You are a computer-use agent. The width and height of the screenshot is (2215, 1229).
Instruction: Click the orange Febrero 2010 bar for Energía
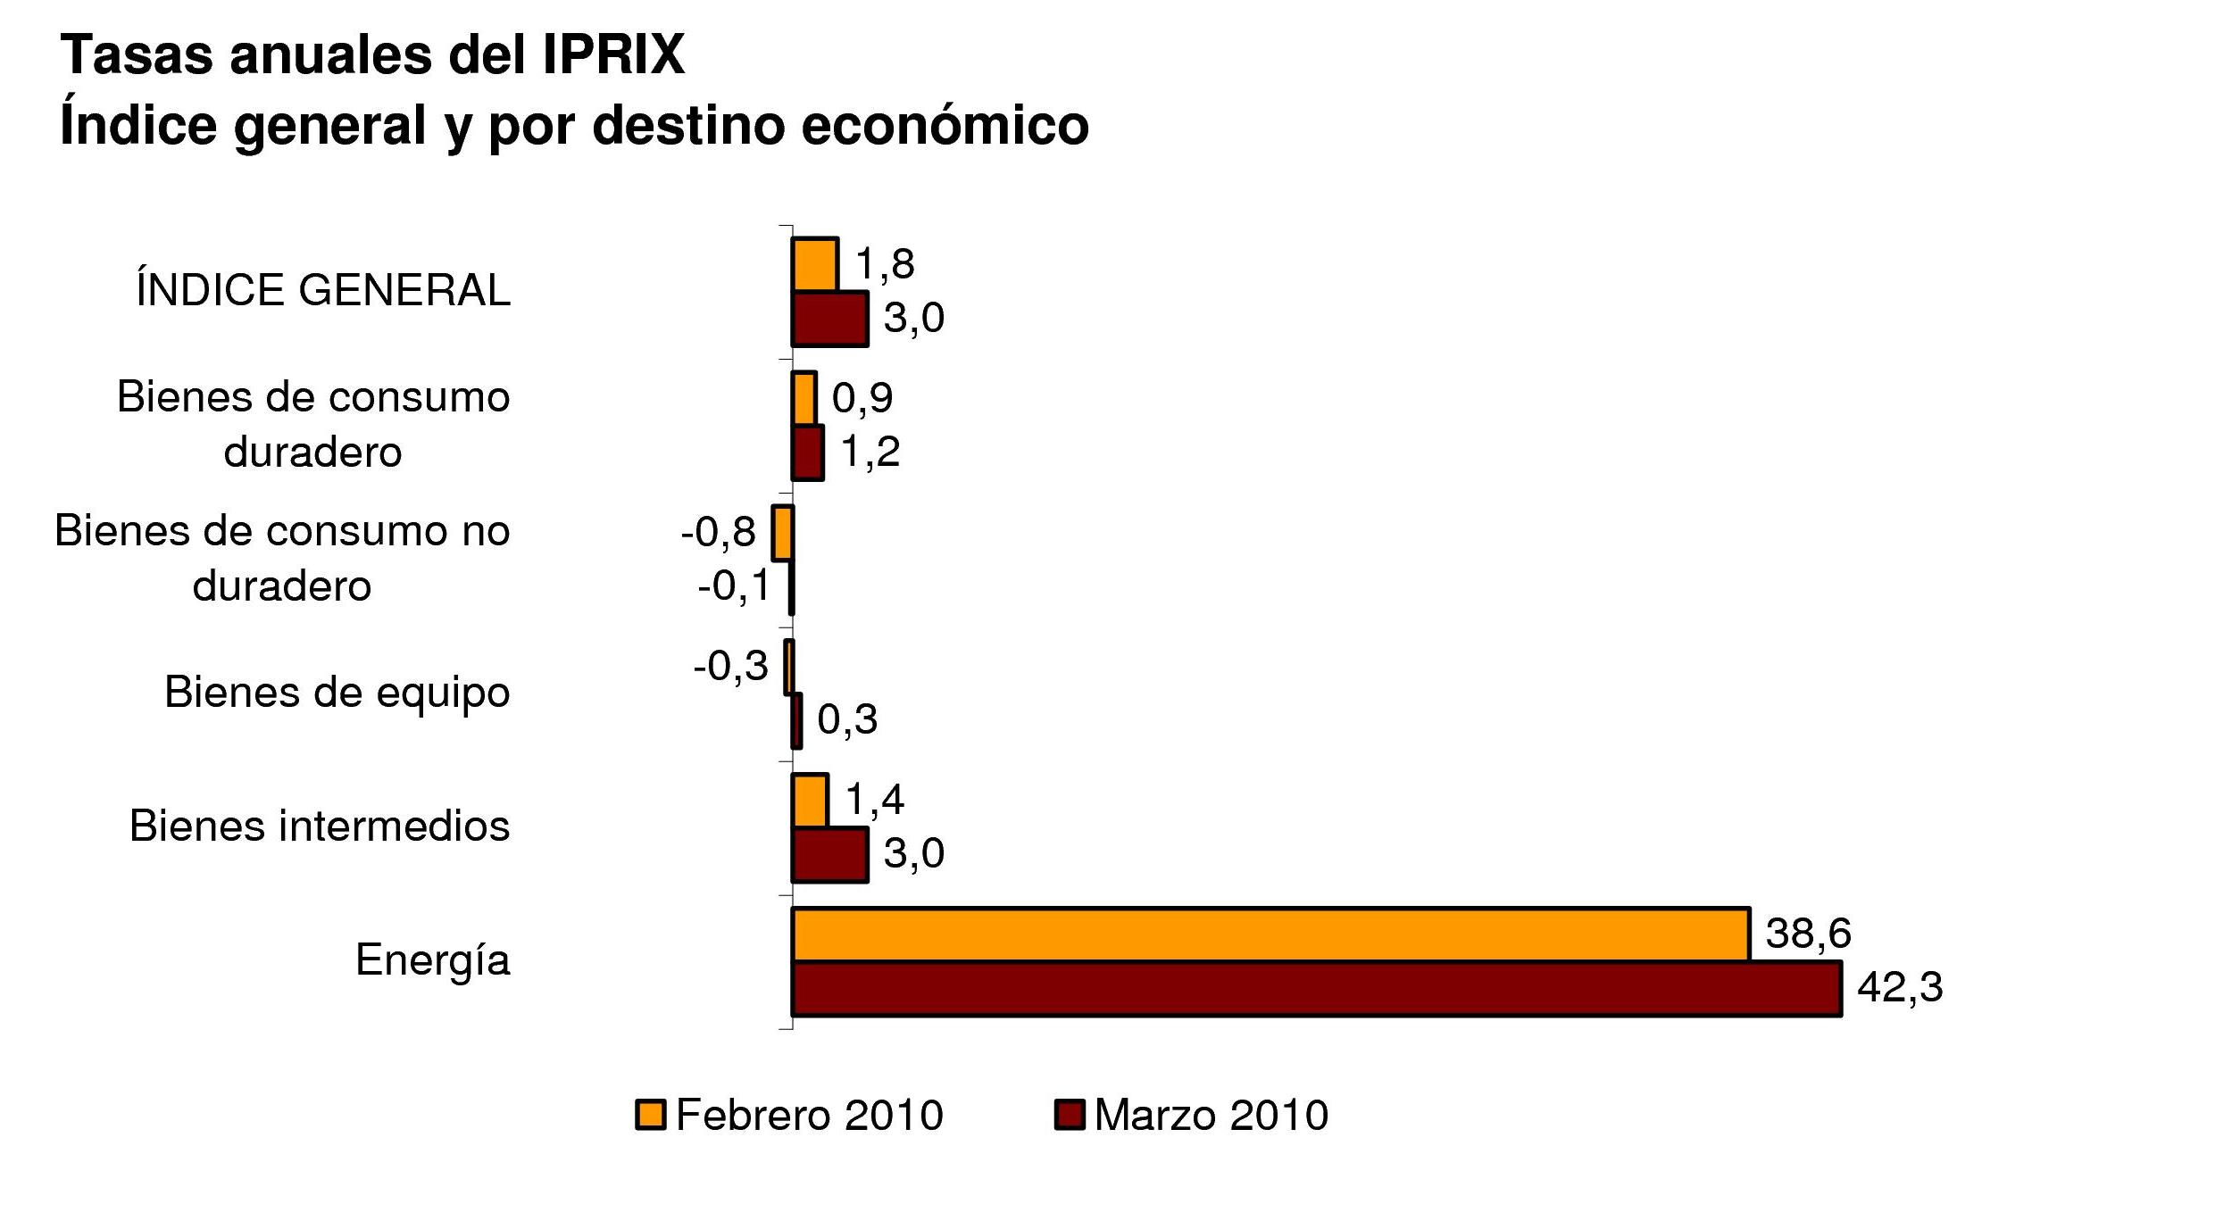pyautogui.click(x=1270, y=934)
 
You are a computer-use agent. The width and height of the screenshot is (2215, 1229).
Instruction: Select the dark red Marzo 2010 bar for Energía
pyautogui.click(x=1316, y=988)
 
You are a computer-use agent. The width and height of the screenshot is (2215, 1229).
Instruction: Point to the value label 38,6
pyautogui.click(x=1808, y=934)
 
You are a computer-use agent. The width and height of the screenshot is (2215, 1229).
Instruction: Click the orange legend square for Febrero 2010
pyautogui.click(x=650, y=1116)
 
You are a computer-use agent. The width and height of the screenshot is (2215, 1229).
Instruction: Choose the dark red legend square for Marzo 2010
pyautogui.click(x=1069, y=1116)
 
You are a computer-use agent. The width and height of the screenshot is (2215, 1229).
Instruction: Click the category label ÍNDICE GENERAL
pyautogui.click(x=323, y=290)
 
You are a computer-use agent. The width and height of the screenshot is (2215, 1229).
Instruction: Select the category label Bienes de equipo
pyautogui.click(x=337, y=692)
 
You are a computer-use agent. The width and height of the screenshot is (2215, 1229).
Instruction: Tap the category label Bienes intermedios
pyautogui.click(x=320, y=826)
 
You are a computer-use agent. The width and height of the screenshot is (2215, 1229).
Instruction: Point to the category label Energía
pyautogui.click(x=432, y=960)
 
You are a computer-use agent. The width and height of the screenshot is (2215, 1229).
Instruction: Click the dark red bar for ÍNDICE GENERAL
pyautogui.click(x=829, y=319)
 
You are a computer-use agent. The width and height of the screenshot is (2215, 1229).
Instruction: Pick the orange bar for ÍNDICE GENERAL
pyautogui.click(x=814, y=265)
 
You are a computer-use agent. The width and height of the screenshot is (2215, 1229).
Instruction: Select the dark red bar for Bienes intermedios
pyautogui.click(x=829, y=854)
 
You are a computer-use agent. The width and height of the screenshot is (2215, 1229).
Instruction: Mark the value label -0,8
pyautogui.click(x=718, y=533)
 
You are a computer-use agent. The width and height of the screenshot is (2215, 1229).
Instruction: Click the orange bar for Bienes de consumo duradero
pyautogui.click(x=804, y=399)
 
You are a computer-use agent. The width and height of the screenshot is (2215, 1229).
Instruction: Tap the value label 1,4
pyautogui.click(x=874, y=799)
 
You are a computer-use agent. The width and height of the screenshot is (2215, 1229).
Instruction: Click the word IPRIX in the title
pyautogui.click(x=613, y=55)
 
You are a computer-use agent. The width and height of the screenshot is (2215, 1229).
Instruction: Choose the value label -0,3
pyautogui.click(x=730, y=666)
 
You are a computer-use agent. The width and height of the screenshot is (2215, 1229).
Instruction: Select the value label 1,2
pyautogui.click(x=870, y=453)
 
